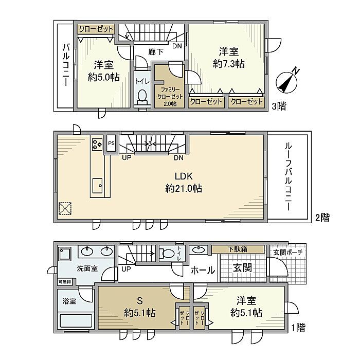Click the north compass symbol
(x=287, y=82)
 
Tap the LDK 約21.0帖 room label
(x=184, y=183)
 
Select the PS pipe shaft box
(x=112, y=143)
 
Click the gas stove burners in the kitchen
(x=97, y=144)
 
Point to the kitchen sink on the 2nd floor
(x=97, y=186)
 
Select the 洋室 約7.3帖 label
(x=229, y=58)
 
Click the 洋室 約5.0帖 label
(x=104, y=71)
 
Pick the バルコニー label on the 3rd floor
(x=66, y=65)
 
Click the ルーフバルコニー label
(x=288, y=176)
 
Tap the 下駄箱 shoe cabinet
(x=238, y=249)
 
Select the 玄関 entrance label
(x=242, y=268)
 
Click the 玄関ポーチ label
(x=288, y=253)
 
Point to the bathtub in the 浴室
(x=76, y=320)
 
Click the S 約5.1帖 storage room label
(x=140, y=307)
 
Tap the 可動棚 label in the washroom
(x=65, y=282)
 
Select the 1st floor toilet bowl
(x=168, y=254)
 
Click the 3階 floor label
(x=279, y=106)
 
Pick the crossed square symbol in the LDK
(x=65, y=208)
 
